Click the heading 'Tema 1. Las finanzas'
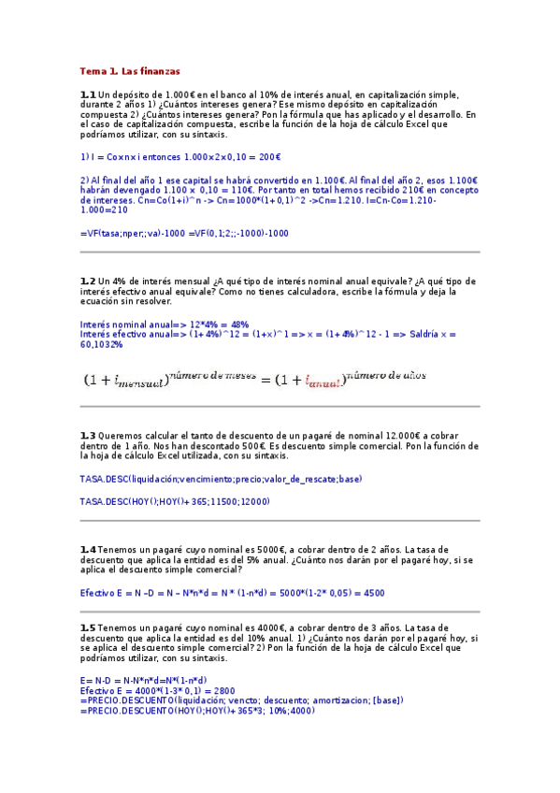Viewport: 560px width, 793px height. click(130, 71)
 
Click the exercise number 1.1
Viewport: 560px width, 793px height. click(88, 94)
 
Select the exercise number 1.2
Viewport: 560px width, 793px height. click(88, 281)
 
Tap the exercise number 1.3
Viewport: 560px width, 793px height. click(88, 435)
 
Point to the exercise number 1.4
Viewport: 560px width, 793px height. click(88, 548)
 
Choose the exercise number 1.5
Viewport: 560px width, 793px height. click(88, 627)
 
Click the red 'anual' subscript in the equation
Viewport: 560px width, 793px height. click(325, 382)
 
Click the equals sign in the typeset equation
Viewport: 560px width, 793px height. click(265, 379)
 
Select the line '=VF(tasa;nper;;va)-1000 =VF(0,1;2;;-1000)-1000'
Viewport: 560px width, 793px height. click(184, 233)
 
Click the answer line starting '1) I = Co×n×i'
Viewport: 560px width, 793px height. click(180, 157)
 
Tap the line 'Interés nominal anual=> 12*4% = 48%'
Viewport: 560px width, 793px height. click(165, 324)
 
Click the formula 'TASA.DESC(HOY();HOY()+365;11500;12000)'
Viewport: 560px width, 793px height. click(175, 501)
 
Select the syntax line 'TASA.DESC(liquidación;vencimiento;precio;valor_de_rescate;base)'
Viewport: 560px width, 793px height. click(221, 479)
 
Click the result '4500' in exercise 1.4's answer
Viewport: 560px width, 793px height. click(373, 593)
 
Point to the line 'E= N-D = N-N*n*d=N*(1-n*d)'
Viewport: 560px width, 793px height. click(144, 680)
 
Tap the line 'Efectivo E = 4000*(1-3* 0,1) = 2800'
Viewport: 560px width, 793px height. click(157, 690)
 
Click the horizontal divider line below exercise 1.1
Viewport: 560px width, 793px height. click(280, 252)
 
